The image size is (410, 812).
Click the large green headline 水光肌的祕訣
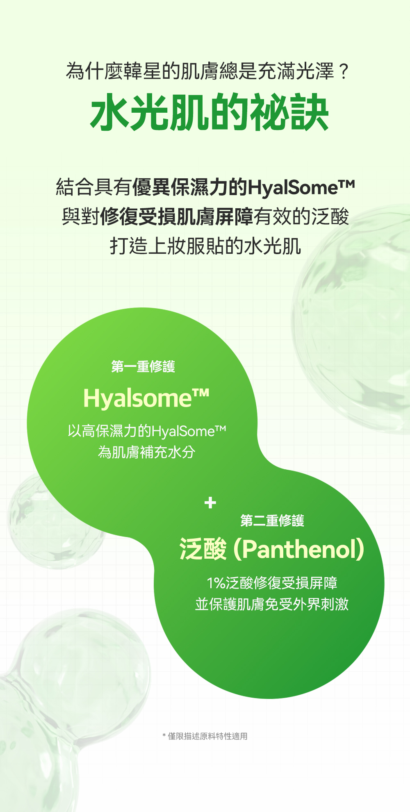point(210,112)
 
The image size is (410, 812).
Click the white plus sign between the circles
point(210,503)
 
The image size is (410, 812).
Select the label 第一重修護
point(143,366)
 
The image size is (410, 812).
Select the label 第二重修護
point(272,521)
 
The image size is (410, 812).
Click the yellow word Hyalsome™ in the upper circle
point(146,398)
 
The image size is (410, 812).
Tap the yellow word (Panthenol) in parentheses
point(299,549)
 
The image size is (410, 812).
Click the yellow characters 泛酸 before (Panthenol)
point(203,549)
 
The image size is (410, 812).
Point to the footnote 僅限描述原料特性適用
point(208,736)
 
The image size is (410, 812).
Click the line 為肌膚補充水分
point(146,452)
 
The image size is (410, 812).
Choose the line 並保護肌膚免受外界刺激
point(272,604)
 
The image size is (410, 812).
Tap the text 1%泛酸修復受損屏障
point(272,583)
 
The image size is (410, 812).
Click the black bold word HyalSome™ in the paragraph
point(301,187)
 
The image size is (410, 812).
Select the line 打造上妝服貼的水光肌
point(205,246)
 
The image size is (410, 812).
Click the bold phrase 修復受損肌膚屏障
point(177,217)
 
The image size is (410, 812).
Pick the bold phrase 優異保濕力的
point(190,187)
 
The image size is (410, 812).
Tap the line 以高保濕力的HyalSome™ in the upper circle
point(147,431)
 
